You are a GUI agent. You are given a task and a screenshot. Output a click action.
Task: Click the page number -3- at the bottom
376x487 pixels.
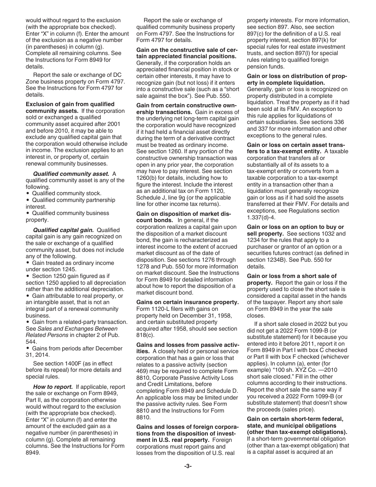pos(188,466)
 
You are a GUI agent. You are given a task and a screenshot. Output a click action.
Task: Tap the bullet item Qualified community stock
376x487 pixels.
pos(66,193)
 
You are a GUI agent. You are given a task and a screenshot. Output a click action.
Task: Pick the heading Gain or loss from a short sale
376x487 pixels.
pos(291,276)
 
